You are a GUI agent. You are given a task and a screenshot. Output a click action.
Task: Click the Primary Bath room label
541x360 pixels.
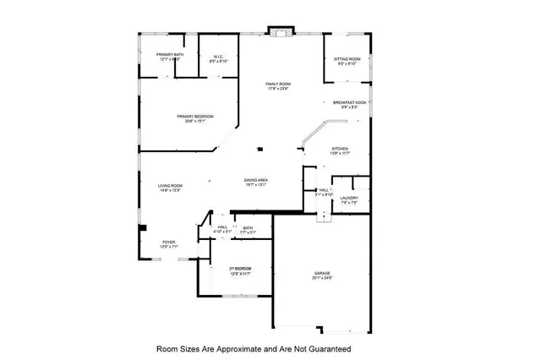click(169, 55)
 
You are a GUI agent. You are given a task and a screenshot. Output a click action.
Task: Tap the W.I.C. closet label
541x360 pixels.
click(217, 56)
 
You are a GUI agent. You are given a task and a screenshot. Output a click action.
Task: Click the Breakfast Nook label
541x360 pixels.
click(348, 102)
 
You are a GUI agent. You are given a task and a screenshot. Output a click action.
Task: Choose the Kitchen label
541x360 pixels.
click(340, 147)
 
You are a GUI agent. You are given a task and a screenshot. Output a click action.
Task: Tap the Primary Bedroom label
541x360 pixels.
click(194, 116)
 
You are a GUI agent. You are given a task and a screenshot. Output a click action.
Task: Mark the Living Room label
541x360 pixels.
click(170, 185)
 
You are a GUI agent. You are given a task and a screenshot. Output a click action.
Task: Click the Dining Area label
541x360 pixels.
click(256, 180)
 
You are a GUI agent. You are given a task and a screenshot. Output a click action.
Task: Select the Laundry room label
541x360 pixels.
click(348, 198)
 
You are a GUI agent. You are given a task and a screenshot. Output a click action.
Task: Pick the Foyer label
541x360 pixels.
click(169, 243)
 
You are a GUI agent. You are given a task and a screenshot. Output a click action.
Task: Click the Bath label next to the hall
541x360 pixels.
click(248, 227)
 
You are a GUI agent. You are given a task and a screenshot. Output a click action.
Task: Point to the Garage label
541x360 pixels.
click(322, 273)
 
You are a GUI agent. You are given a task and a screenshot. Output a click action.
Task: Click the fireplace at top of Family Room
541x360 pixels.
click(278, 32)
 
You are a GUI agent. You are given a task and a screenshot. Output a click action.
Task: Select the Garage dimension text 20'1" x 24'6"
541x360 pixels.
click(322, 278)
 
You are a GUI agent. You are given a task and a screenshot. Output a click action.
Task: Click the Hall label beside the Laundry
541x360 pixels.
click(325, 190)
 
